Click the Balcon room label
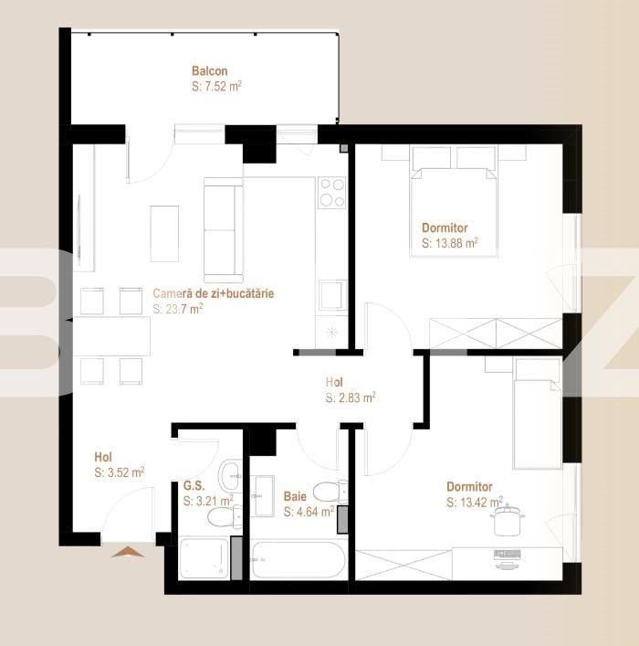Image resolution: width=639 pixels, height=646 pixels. (x=210, y=71)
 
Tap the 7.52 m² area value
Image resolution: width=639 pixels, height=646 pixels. (x=216, y=87)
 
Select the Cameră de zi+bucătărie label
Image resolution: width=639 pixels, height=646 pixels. (x=214, y=293)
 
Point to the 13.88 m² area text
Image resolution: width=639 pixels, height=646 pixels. (x=450, y=243)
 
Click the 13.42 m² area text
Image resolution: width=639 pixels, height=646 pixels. (x=475, y=503)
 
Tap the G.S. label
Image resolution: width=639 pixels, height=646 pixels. (x=194, y=485)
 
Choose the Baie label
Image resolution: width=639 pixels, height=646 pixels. (x=295, y=496)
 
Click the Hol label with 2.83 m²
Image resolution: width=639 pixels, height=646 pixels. (x=334, y=382)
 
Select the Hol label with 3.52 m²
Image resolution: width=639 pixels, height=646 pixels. (x=103, y=457)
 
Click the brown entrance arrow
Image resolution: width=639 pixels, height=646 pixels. (x=128, y=552)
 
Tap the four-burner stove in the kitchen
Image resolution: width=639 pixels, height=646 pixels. (x=332, y=193)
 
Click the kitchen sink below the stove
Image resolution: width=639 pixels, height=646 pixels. (x=332, y=295)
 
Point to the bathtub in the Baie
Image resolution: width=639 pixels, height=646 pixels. (x=299, y=560)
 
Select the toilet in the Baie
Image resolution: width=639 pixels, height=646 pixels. (x=330, y=492)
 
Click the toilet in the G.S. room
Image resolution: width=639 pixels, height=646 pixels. (x=224, y=517)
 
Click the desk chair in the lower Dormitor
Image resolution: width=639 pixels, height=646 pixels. (x=508, y=520)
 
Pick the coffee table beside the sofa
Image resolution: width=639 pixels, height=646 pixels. (x=164, y=234)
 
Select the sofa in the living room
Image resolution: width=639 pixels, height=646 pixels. (x=223, y=230)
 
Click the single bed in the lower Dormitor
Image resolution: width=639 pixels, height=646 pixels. (x=538, y=413)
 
